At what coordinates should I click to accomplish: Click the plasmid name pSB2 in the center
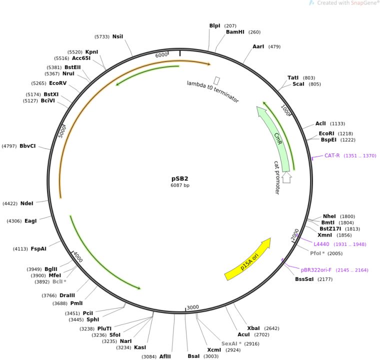(180, 178)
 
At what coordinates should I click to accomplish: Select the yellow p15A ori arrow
(247, 259)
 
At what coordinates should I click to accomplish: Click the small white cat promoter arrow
(286, 177)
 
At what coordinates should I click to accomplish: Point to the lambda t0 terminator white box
(217, 80)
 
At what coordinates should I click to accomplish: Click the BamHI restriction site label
(235, 32)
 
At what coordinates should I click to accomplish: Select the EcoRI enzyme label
(326, 133)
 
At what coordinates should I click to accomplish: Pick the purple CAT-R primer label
(332, 155)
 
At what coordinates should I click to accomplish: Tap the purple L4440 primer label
(321, 244)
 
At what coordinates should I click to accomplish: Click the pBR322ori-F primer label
(316, 270)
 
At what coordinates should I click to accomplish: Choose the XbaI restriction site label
(253, 328)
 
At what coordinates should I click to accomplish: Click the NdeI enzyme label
(26, 203)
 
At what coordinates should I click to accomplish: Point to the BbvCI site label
(27, 146)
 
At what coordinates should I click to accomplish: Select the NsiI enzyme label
(117, 36)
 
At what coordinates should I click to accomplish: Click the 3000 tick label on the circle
(193, 307)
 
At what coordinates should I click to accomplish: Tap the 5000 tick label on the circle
(62, 131)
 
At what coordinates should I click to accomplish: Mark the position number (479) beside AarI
(274, 46)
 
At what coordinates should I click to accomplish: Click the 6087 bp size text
(180, 185)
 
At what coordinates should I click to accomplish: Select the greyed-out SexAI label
(229, 344)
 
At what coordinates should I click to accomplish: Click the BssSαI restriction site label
(304, 279)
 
